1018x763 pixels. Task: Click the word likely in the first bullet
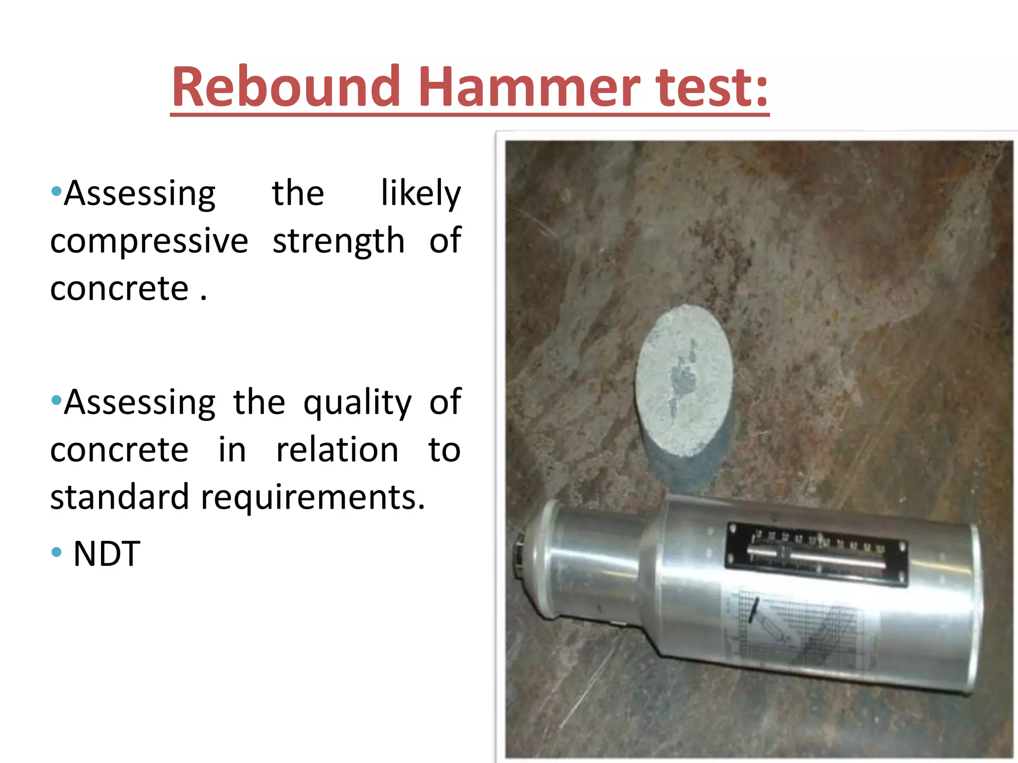click(x=421, y=194)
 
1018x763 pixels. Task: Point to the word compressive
click(x=149, y=241)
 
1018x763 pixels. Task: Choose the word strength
click(x=339, y=241)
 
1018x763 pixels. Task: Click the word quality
click(x=357, y=402)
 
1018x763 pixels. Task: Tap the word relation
click(x=337, y=450)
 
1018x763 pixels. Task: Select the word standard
click(x=120, y=497)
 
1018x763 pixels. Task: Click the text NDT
click(x=106, y=554)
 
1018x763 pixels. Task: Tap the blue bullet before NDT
click(x=57, y=552)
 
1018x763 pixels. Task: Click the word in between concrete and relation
click(x=232, y=450)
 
